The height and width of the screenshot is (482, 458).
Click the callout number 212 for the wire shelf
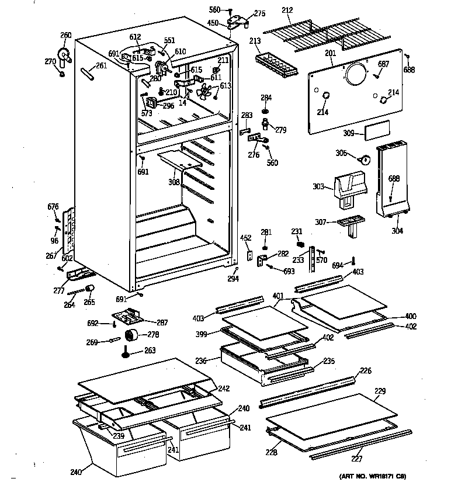pyautogui.click(x=287, y=9)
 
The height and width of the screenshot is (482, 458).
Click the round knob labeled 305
pyautogui.click(x=364, y=158)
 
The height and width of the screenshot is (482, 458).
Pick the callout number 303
pyautogui.click(x=318, y=186)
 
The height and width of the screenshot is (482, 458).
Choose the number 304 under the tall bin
pyautogui.click(x=397, y=231)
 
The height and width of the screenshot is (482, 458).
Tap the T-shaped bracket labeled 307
pyautogui.click(x=351, y=224)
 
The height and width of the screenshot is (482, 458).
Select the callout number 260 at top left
pyautogui.click(x=66, y=36)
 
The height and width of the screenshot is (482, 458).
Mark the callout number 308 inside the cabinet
pyautogui.click(x=174, y=182)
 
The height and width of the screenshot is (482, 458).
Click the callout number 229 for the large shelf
pyautogui.click(x=380, y=390)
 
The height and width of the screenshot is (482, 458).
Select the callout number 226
pyautogui.click(x=365, y=370)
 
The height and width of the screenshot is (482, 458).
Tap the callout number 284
pyautogui.click(x=266, y=97)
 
